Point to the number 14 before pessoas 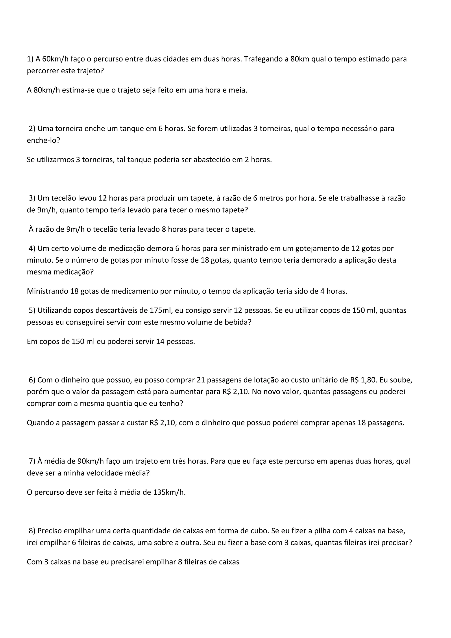coord(160,341)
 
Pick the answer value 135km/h coord(169,493)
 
